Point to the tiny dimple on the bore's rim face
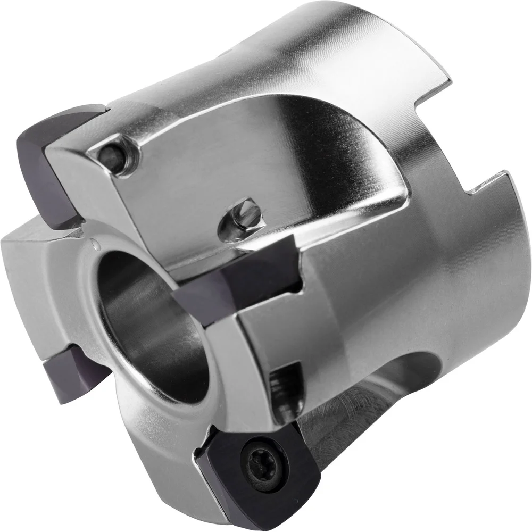click(x=95, y=244)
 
